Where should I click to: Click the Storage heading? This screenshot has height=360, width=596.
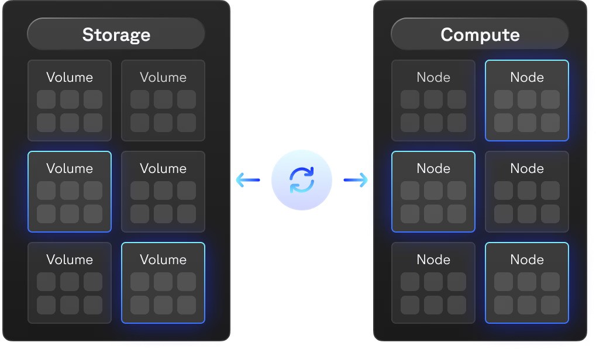(116, 34)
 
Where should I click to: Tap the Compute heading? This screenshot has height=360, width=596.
(480, 34)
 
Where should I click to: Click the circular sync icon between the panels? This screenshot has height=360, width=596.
(302, 180)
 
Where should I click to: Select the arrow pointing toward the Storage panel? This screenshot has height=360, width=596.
(247, 180)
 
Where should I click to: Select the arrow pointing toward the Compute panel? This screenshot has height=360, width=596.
(356, 180)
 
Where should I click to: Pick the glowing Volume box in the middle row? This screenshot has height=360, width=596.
(70, 192)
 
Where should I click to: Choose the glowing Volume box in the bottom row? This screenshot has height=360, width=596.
(163, 283)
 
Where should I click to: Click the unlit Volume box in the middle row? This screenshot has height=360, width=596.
(163, 192)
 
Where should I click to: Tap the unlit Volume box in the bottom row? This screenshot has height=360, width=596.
(70, 283)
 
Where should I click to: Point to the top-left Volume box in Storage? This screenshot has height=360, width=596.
(70, 101)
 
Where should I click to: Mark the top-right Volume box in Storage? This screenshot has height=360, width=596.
(163, 101)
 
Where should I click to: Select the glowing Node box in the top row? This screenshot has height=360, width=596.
(527, 101)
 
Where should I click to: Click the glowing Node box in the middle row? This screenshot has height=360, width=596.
(433, 192)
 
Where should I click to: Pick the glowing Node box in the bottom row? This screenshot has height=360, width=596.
(527, 283)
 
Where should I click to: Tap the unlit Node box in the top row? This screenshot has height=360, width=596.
(433, 101)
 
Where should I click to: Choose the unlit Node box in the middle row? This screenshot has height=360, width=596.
(527, 192)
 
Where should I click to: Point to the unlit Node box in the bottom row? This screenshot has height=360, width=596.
(433, 283)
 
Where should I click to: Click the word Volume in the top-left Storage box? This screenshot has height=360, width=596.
(70, 77)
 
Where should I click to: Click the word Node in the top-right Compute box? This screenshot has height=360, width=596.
(527, 77)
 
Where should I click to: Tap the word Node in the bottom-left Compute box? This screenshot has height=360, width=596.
(433, 259)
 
